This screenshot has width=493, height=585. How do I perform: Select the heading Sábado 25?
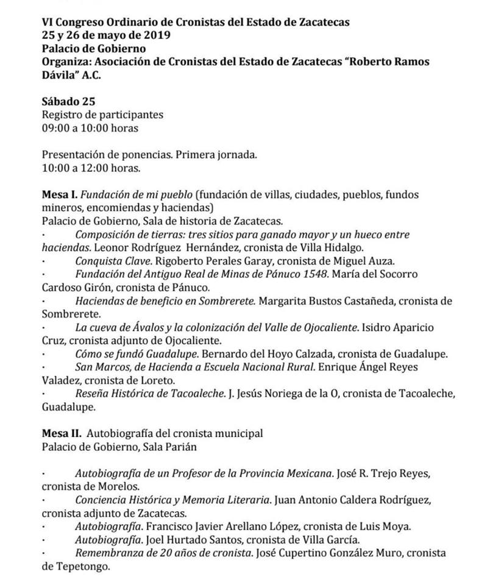tap(68, 101)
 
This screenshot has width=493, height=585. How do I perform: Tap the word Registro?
tap(62, 115)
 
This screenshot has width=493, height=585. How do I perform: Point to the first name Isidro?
tap(379, 327)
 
